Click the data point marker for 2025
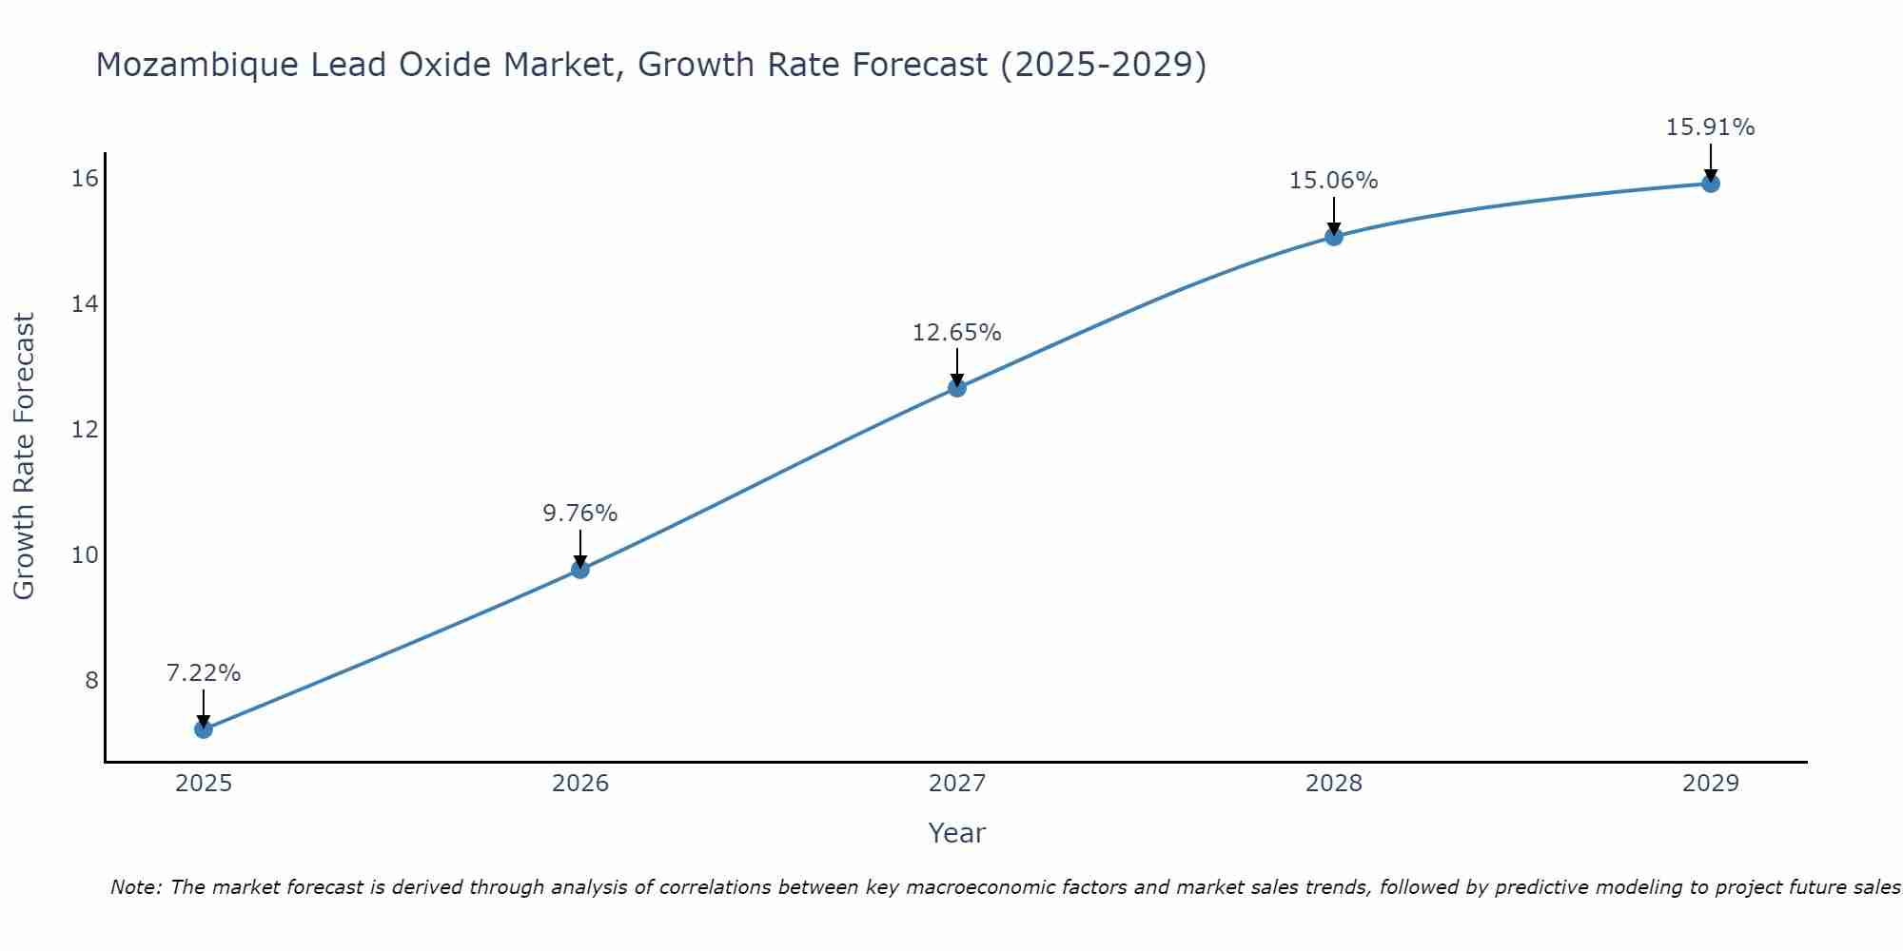point(204,729)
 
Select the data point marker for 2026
point(580,570)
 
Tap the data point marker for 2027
point(957,387)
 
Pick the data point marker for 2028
point(1334,237)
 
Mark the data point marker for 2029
point(1711,184)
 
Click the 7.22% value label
point(204,673)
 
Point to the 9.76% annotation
point(580,514)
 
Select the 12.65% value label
point(957,333)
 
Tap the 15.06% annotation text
point(1334,181)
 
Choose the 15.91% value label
point(1711,127)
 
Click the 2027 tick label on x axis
point(957,784)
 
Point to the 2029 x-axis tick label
point(1711,784)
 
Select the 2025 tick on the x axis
point(204,784)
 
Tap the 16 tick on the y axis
point(85,179)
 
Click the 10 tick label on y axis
point(85,554)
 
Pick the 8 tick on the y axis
point(91,680)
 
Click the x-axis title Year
point(957,833)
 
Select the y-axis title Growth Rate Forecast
point(25,456)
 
